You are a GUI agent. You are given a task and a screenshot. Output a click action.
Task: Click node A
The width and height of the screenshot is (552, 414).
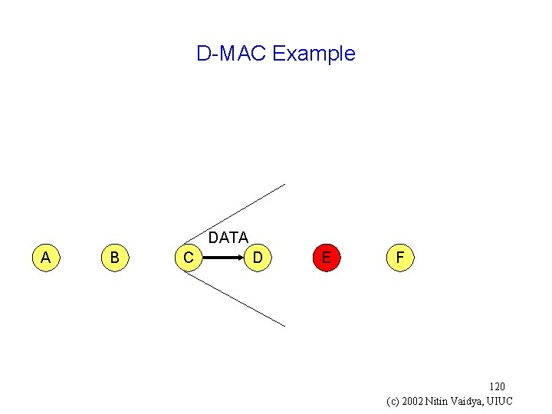46,258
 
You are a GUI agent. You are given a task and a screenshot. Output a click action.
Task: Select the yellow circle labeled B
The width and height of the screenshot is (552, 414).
114,258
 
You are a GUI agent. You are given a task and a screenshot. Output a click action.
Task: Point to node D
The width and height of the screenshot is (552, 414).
259,258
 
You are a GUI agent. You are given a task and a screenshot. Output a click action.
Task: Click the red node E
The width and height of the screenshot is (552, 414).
327,258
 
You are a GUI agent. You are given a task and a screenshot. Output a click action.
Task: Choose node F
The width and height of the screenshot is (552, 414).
399,258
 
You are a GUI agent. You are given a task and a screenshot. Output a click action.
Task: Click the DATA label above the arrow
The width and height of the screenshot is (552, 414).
228,238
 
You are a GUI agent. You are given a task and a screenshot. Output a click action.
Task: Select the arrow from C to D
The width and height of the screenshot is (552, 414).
222,258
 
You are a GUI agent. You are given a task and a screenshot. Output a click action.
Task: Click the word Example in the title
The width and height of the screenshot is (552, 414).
314,54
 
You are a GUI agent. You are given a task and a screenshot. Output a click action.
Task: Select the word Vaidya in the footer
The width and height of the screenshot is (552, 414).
475,401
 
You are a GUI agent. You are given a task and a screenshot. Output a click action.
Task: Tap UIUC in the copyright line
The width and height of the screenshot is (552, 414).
503,401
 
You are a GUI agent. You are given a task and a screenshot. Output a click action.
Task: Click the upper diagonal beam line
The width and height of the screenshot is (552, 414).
238,215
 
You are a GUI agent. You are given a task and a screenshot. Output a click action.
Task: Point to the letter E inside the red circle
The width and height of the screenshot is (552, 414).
327,258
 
